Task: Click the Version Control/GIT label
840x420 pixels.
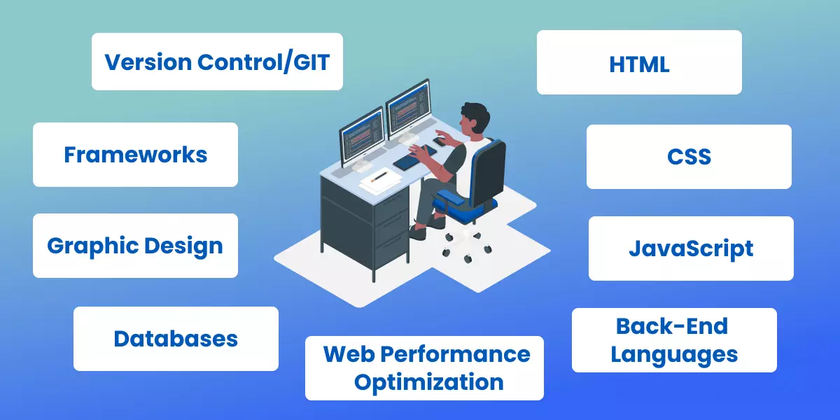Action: point(216,62)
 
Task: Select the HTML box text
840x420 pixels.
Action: point(639,64)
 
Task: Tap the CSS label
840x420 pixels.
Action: point(689,157)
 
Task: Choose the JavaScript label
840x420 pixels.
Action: point(691,248)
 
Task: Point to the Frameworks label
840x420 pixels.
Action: point(135,155)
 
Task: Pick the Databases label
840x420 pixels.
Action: point(176,339)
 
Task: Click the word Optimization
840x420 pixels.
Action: point(428,382)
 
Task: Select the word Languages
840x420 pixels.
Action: point(674,354)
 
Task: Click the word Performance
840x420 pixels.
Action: point(466,354)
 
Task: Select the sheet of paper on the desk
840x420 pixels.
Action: point(381,179)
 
